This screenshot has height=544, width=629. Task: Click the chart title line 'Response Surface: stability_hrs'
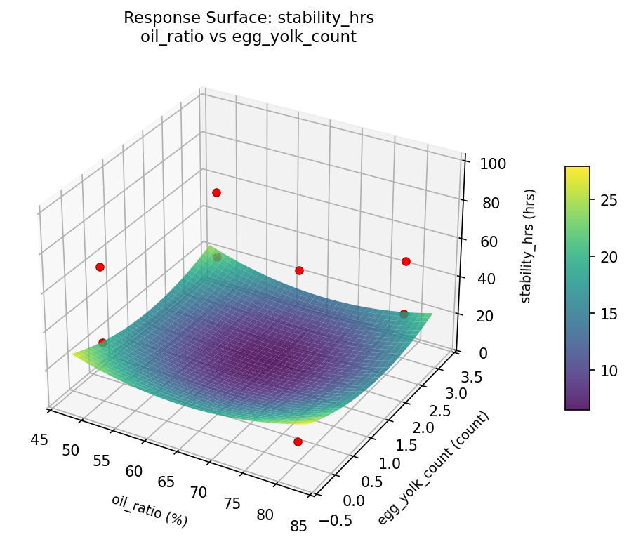(249, 18)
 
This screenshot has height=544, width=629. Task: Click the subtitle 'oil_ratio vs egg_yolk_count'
(249, 37)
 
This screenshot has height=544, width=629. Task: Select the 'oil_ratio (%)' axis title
(149, 510)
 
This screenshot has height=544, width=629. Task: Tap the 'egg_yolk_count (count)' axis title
(433, 469)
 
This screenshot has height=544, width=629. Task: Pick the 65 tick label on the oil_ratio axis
(166, 482)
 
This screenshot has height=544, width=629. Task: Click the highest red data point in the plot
(216, 192)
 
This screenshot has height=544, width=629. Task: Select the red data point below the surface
(298, 442)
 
